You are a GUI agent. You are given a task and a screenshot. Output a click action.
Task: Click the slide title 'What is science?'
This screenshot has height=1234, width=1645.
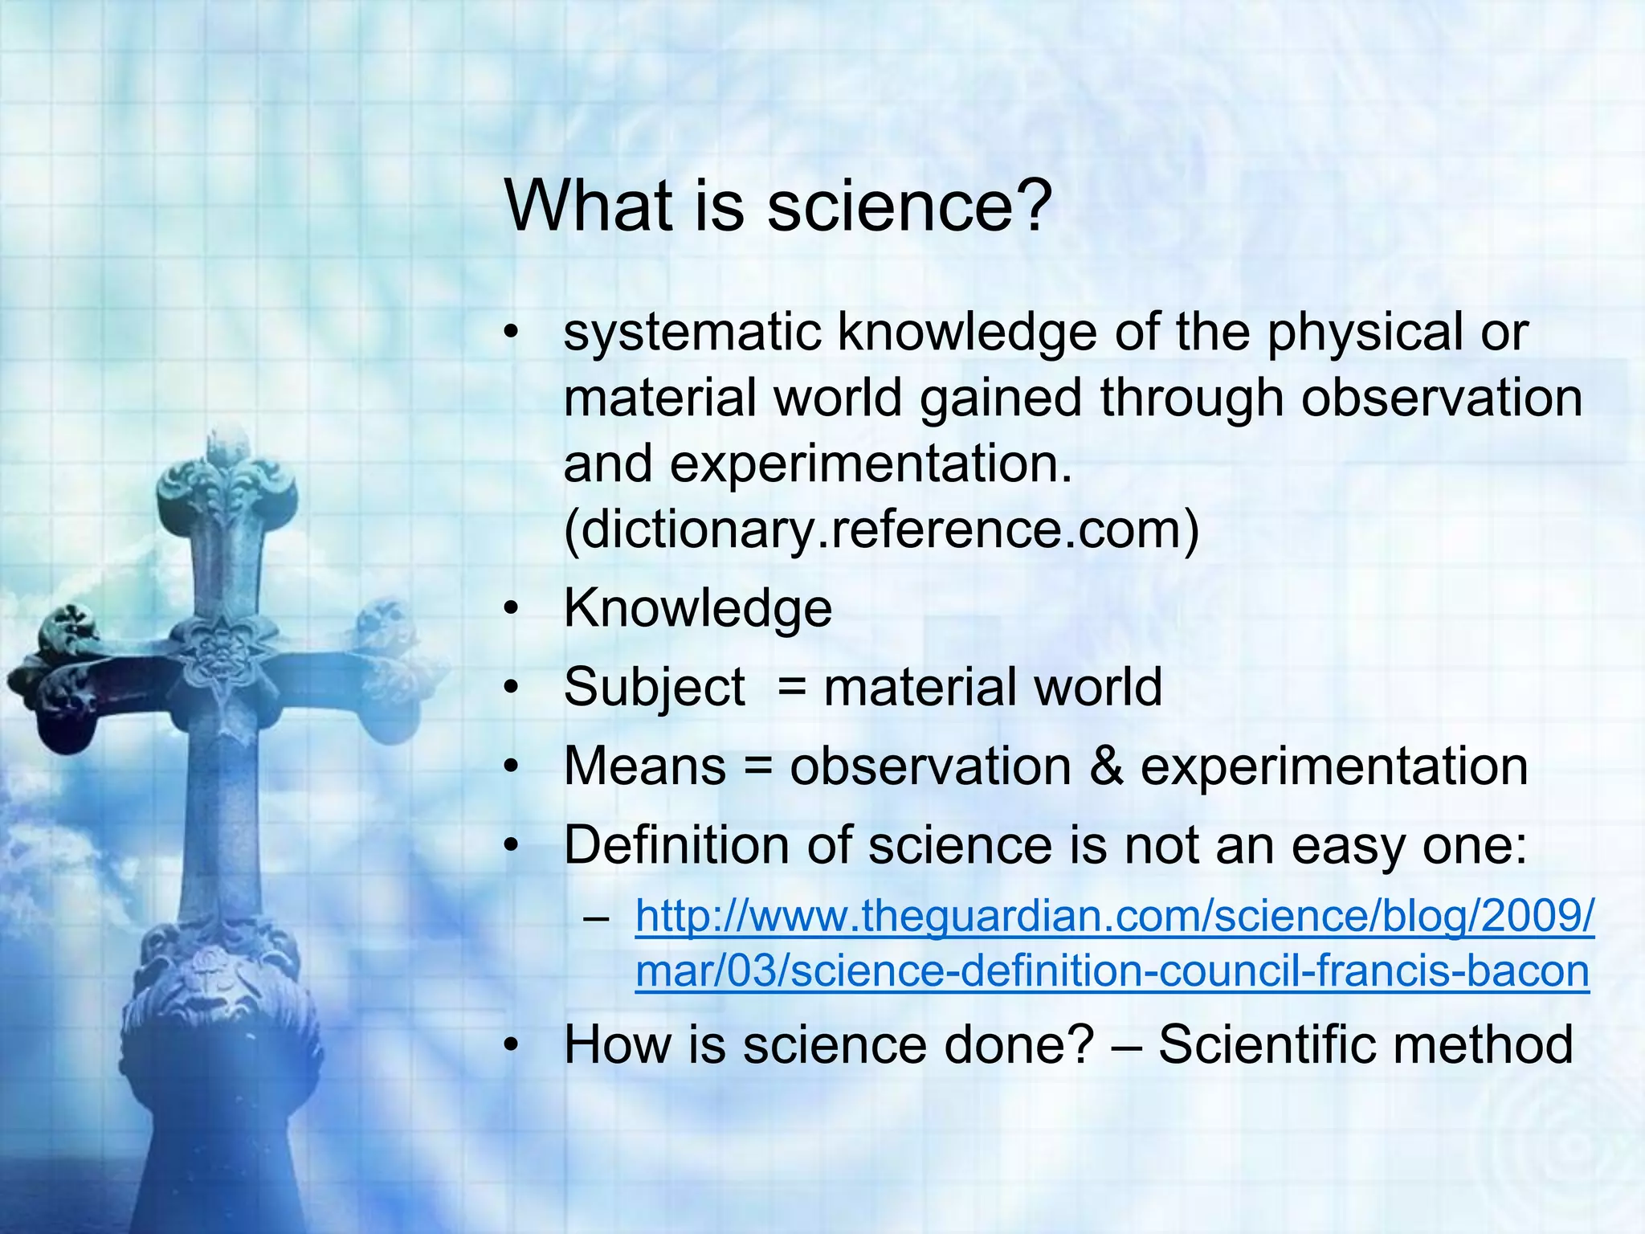(778, 206)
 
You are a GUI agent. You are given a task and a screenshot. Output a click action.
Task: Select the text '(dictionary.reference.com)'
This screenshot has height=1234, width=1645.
(881, 529)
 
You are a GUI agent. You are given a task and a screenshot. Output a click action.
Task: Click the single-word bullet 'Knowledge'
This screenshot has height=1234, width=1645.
(697, 608)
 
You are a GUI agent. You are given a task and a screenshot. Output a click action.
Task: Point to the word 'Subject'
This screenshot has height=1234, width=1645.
(654, 688)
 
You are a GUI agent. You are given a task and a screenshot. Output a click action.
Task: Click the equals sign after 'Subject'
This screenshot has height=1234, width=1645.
(792, 688)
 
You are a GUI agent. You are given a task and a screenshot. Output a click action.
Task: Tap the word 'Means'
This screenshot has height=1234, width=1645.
(645, 766)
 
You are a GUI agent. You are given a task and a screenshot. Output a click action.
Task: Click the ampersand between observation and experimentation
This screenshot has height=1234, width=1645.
(1106, 766)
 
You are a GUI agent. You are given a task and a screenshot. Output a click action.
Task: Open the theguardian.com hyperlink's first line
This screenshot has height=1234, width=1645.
(1113, 916)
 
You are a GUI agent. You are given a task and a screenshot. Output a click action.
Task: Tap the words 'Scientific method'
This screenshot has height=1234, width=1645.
(1365, 1044)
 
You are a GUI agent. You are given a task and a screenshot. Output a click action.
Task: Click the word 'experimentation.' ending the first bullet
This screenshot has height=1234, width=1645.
(871, 464)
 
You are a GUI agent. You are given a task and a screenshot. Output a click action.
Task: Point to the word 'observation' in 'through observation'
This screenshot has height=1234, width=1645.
(1441, 398)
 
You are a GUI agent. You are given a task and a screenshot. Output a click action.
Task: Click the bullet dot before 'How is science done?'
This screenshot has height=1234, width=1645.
(512, 1045)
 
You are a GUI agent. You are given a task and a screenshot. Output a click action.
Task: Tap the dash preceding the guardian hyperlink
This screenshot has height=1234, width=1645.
(596, 917)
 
